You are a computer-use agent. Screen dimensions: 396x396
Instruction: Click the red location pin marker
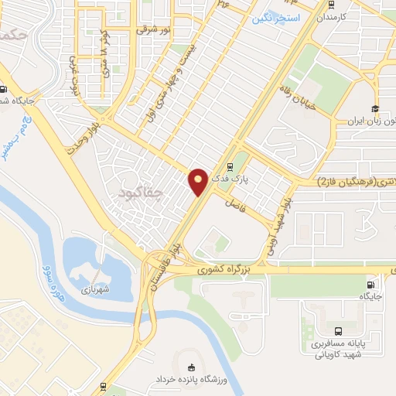click(x=198, y=182)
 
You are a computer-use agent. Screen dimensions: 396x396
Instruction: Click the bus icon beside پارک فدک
click(x=229, y=166)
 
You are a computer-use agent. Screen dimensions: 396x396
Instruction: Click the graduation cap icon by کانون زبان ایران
click(x=375, y=108)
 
